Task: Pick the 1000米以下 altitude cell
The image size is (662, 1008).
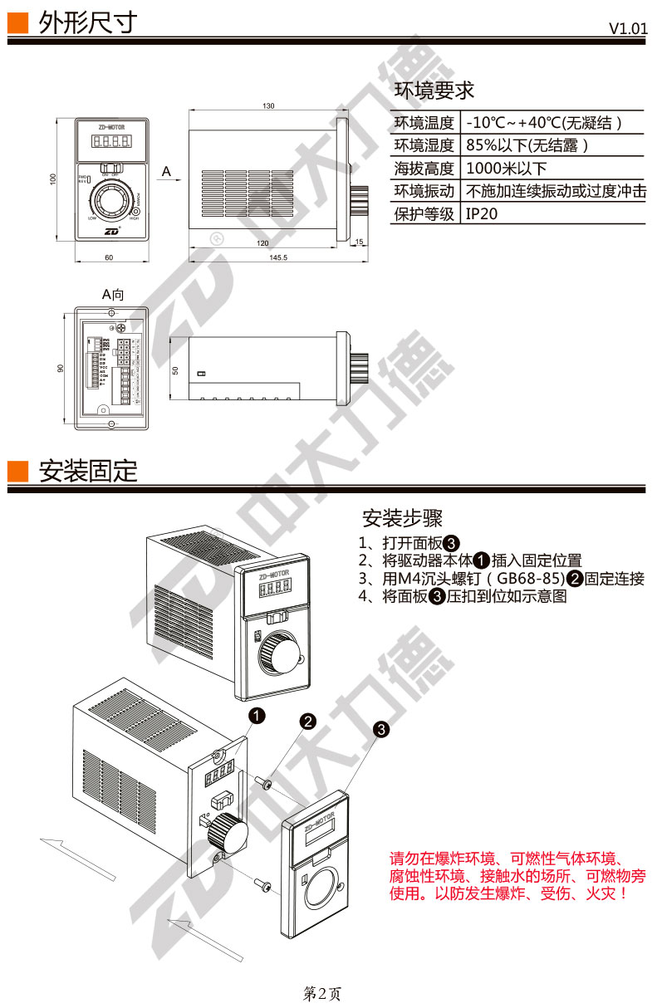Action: (506, 169)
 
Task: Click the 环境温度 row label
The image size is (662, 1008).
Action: (424, 123)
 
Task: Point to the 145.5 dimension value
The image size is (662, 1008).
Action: (277, 257)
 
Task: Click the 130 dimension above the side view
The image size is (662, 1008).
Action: (268, 106)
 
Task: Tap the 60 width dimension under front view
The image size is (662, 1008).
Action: (109, 257)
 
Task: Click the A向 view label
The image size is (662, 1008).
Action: (113, 294)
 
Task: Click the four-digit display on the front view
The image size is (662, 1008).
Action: (110, 143)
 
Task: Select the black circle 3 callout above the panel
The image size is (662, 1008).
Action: (381, 729)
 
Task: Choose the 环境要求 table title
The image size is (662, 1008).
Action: (434, 91)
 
